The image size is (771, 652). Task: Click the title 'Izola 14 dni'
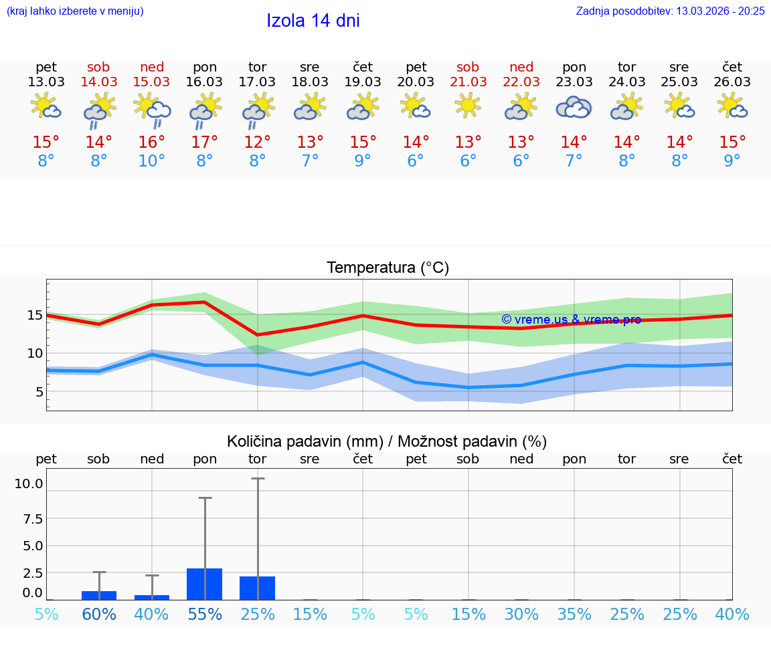pyautogui.click(x=313, y=21)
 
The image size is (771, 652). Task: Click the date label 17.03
pyautogui.click(x=257, y=82)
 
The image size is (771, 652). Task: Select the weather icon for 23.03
pyautogui.click(x=574, y=108)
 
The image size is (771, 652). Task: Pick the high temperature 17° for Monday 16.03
pyautogui.click(x=204, y=142)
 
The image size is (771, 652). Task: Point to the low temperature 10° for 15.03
pyautogui.click(x=152, y=161)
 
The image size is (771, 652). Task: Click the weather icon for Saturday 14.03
pyautogui.click(x=99, y=109)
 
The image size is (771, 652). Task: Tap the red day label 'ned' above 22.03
pyautogui.click(x=521, y=67)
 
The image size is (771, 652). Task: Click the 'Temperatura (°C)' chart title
pyautogui.click(x=388, y=268)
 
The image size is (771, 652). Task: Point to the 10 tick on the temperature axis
pyautogui.click(x=35, y=353)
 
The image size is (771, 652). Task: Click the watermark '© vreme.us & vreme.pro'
pyautogui.click(x=571, y=320)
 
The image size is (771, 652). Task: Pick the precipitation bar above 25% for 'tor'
pyautogui.click(x=258, y=588)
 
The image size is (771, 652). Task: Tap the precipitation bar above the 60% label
pyautogui.click(x=99, y=595)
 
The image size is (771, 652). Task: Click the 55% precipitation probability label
pyautogui.click(x=205, y=615)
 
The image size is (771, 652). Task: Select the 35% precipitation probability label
pyautogui.click(x=574, y=615)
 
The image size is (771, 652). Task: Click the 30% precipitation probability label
pyautogui.click(x=521, y=615)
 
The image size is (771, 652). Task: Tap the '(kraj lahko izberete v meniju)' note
pyautogui.click(x=75, y=11)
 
